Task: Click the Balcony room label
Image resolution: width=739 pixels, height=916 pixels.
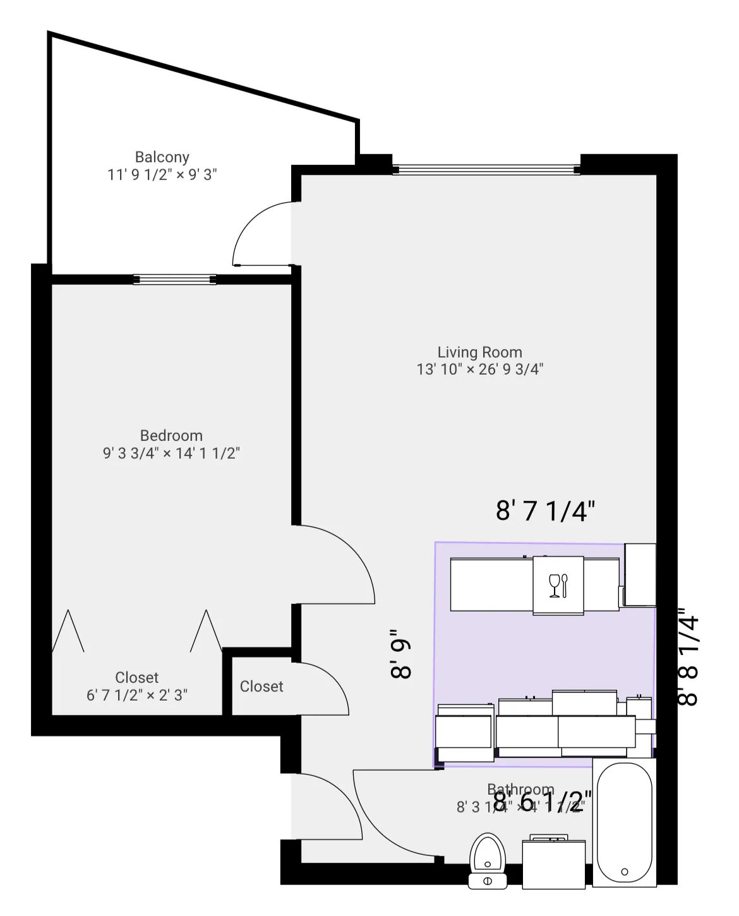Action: pos(162,157)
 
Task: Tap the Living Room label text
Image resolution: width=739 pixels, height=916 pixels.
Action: pos(479,352)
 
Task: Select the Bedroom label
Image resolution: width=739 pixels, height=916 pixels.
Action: pos(171,435)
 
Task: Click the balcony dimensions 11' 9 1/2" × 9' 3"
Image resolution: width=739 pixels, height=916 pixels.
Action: pos(162,174)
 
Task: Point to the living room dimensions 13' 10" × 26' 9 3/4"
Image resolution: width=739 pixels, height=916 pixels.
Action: pos(479,370)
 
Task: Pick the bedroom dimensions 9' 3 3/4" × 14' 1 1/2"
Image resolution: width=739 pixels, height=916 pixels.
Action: pos(171,453)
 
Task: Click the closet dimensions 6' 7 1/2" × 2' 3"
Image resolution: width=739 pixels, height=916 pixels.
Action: pos(137,695)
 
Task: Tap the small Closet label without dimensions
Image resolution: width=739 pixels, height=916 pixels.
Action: pos(261,686)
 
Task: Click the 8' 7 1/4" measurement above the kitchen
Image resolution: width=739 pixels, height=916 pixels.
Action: pos(545,510)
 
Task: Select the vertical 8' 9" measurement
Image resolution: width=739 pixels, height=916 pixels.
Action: pos(402,654)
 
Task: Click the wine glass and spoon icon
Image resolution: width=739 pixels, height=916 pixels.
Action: pos(558,586)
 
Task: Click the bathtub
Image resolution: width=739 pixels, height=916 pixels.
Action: pos(624,821)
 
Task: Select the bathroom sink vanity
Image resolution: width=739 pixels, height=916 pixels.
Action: pos(553,862)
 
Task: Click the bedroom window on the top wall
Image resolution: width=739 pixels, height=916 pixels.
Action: pos(175,279)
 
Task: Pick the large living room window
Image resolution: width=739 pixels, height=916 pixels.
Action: pos(486,169)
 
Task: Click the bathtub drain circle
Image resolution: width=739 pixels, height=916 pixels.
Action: pos(625,872)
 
